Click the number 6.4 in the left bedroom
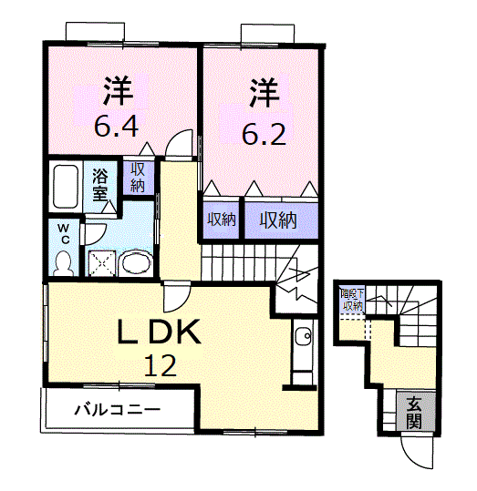coord(118,125)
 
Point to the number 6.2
coord(264,135)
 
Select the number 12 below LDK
coord(161,366)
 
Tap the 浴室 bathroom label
coord(100,183)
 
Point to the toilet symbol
coord(63,262)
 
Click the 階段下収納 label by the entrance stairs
coord(352,300)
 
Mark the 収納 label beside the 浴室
coord(138,178)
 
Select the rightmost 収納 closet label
coord(278,219)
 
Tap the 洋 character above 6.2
coord(264,93)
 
